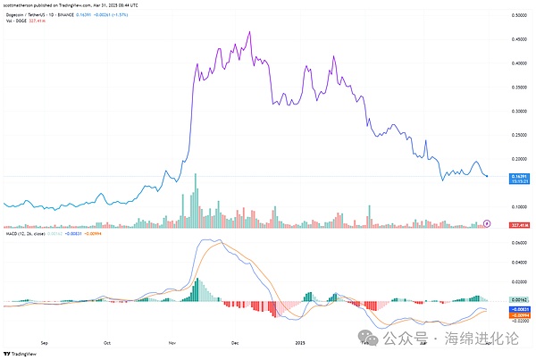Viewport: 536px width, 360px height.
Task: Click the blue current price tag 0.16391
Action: tap(517, 177)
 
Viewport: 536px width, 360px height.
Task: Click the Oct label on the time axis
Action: tap(107, 340)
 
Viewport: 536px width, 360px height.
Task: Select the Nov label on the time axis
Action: tap(171, 340)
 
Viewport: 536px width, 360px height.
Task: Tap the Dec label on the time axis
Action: tap(235, 340)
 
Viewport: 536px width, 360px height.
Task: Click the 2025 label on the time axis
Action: tap(299, 340)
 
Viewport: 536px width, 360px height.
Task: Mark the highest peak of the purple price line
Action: tap(247, 32)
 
